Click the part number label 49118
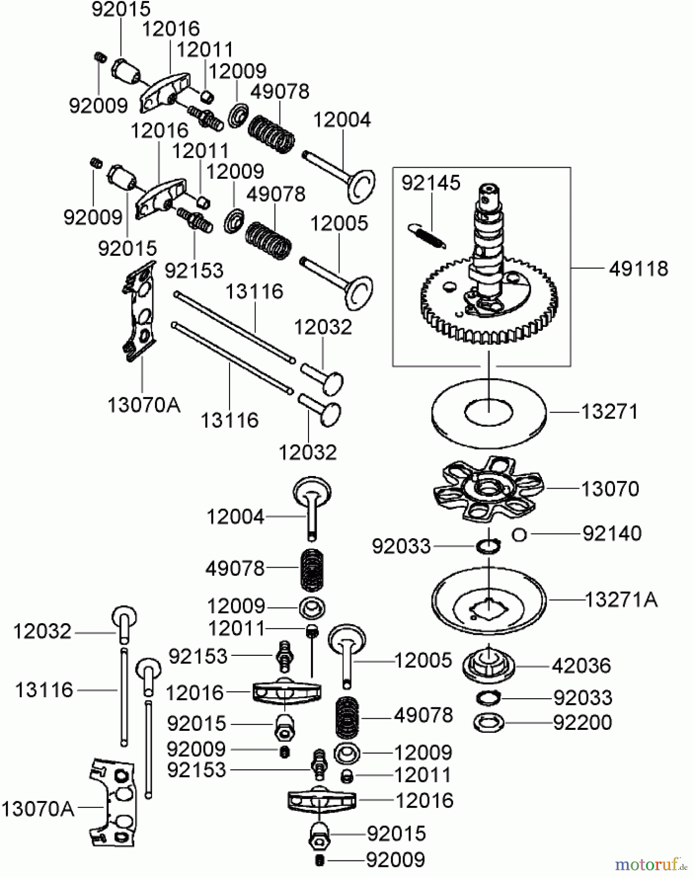(x=638, y=268)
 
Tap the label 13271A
(x=621, y=600)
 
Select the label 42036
(x=581, y=666)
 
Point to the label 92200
(x=582, y=722)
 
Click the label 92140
(x=612, y=534)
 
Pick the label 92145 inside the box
(x=431, y=183)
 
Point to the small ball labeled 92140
(x=520, y=534)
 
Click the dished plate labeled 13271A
(x=488, y=602)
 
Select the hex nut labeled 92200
(x=488, y=722)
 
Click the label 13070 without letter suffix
(x=610, y=489)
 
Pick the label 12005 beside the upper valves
(x=339, y=223)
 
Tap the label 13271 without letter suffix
(x=610, y=412)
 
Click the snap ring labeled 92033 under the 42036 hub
(x=488, y=698)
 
